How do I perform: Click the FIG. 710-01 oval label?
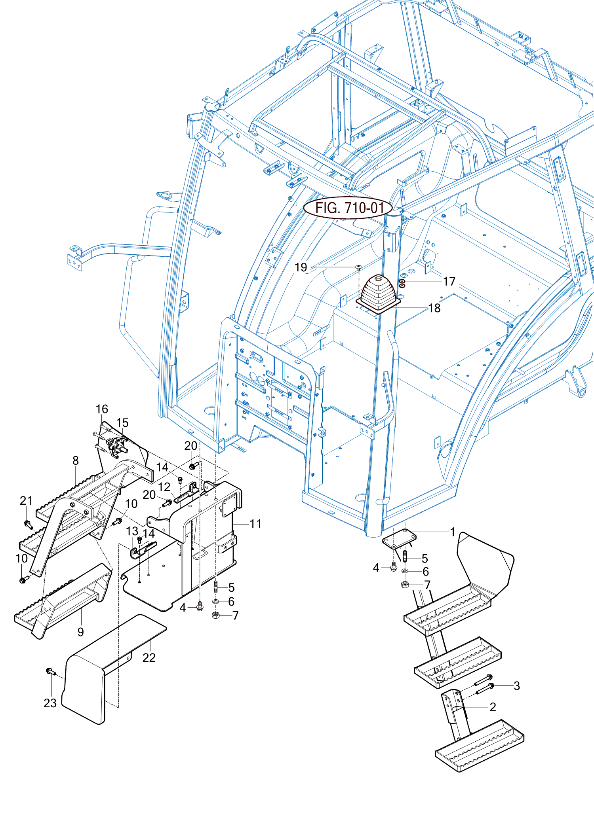click(348, 208)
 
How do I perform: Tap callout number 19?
click(301, 267)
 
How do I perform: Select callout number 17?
click(449, 281)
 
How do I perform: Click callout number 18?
click(434, 308)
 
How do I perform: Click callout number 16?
click(102, 409)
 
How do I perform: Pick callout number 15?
click(122, 422)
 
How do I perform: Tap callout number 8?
click(76, 460)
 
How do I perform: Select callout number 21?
click(26, 500)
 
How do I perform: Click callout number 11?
click(255, 524)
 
